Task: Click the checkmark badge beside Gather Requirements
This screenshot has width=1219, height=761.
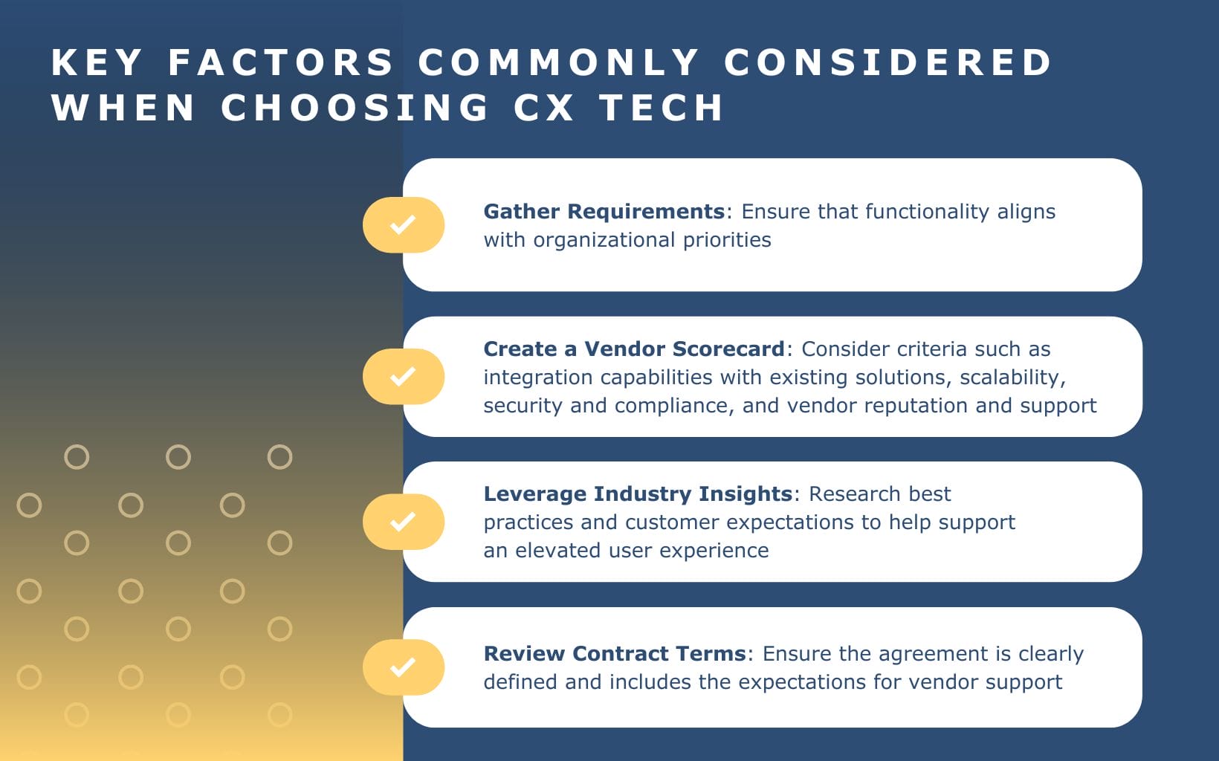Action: coord(403,224)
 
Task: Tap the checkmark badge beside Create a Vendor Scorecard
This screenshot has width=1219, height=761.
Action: coord(403,377)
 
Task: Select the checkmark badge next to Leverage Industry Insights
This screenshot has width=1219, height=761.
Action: coord(403,522)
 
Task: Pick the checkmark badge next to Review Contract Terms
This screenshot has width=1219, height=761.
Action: coord(403,667)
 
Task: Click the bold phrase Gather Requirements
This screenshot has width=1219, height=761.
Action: coord(604,212)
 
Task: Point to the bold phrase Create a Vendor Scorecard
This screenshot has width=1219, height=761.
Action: coord(633,349)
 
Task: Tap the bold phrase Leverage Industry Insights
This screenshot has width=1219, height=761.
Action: coord(638,494)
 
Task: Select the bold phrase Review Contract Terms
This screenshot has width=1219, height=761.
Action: coord(614,654)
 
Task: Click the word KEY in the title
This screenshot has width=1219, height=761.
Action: coord(96,62)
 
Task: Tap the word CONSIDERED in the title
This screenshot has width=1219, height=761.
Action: coord(887,62)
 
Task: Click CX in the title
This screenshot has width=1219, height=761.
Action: coord(543,108)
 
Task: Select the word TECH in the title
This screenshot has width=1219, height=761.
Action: coord(661,108)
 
